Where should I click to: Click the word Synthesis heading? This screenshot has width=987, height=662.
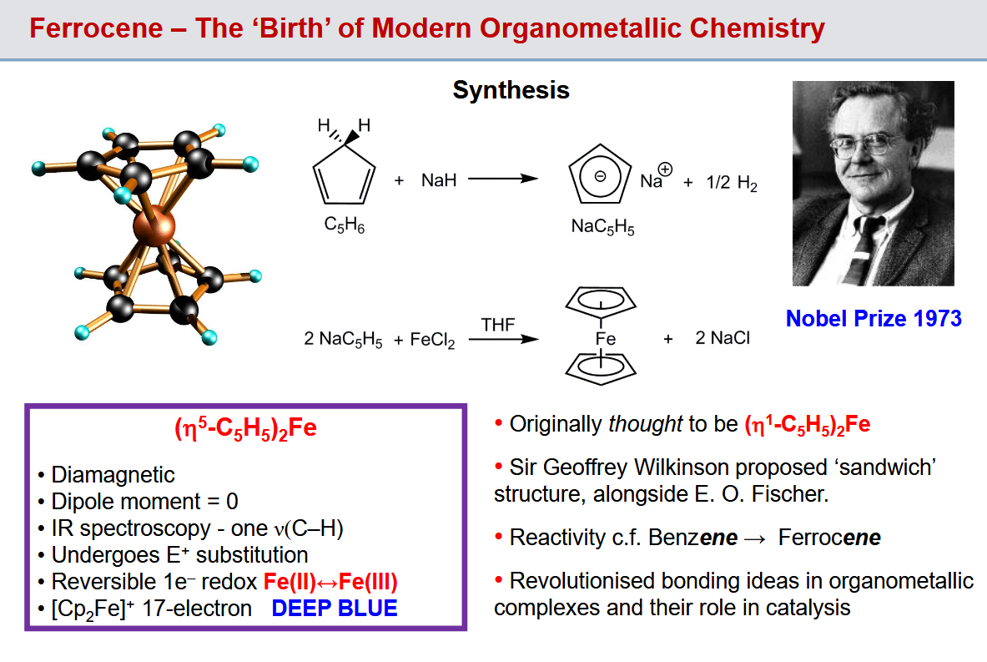click(511, 91)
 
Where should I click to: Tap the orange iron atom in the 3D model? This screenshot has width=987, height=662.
click(154, 226)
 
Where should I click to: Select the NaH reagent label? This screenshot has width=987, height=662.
click(439, 180)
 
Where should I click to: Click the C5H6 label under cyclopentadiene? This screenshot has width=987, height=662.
click(345, 225)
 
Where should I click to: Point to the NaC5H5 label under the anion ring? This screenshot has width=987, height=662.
click(602, 226)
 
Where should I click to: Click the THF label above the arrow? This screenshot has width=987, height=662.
click(498, 325)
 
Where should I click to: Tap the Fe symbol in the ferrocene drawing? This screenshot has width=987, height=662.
click(605, 339)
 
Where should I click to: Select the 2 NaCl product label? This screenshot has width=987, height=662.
click(723, 338)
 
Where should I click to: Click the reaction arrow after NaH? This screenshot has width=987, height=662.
click(503, 179)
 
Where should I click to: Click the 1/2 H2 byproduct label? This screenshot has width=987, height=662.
click(732, 183)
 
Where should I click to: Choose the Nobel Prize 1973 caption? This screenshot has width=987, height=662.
click(874, 319)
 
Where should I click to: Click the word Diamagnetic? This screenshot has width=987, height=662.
click(113, 474)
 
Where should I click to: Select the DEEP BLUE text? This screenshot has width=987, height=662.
click(335, 609)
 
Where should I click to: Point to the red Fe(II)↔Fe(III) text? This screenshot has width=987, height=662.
click(330, 581)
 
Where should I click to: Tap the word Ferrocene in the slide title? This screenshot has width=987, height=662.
click(96, 28)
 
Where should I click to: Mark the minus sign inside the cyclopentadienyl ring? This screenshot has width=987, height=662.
click(600, 177)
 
